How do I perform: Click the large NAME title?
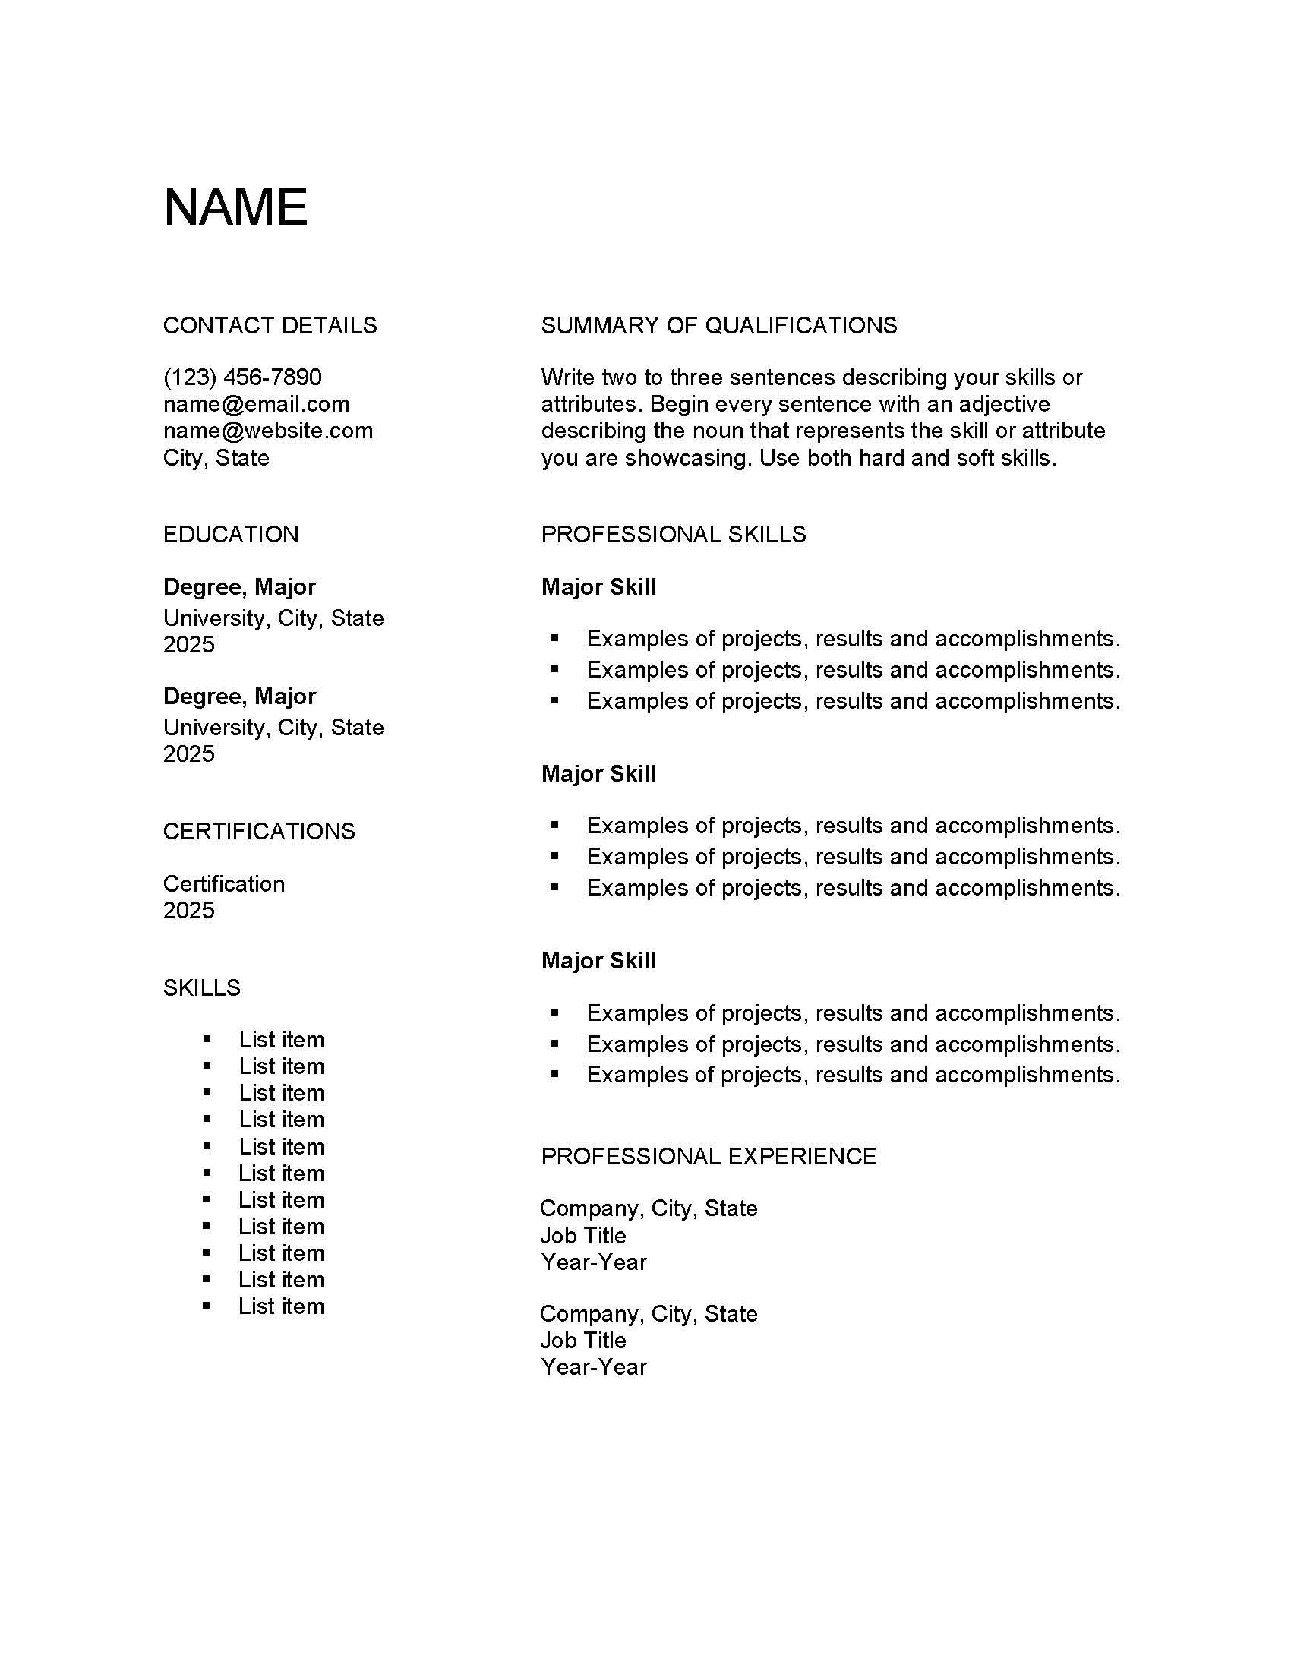[235, 207]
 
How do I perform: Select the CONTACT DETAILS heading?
[270, 326]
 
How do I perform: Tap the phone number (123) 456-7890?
[242, 377]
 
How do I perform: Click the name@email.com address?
[256, 404]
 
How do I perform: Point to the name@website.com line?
[267, 431]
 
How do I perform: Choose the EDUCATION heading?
[231, 534]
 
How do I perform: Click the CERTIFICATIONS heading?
[259, 831]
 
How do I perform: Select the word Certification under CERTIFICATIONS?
[224, 883]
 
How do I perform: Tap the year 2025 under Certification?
[189, 911]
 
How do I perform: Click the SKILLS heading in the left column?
[202, 987]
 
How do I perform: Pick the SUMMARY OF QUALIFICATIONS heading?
[719, 326]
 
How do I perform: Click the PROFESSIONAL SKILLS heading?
[673, 534]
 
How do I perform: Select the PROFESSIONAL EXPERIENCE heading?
[709, 1156]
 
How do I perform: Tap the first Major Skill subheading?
[599, 587]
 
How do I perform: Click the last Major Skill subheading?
[599, 960]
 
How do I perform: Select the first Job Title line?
[582, 1236]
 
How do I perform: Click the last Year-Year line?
[594, 1367]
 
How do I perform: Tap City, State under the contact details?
[216, 458]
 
